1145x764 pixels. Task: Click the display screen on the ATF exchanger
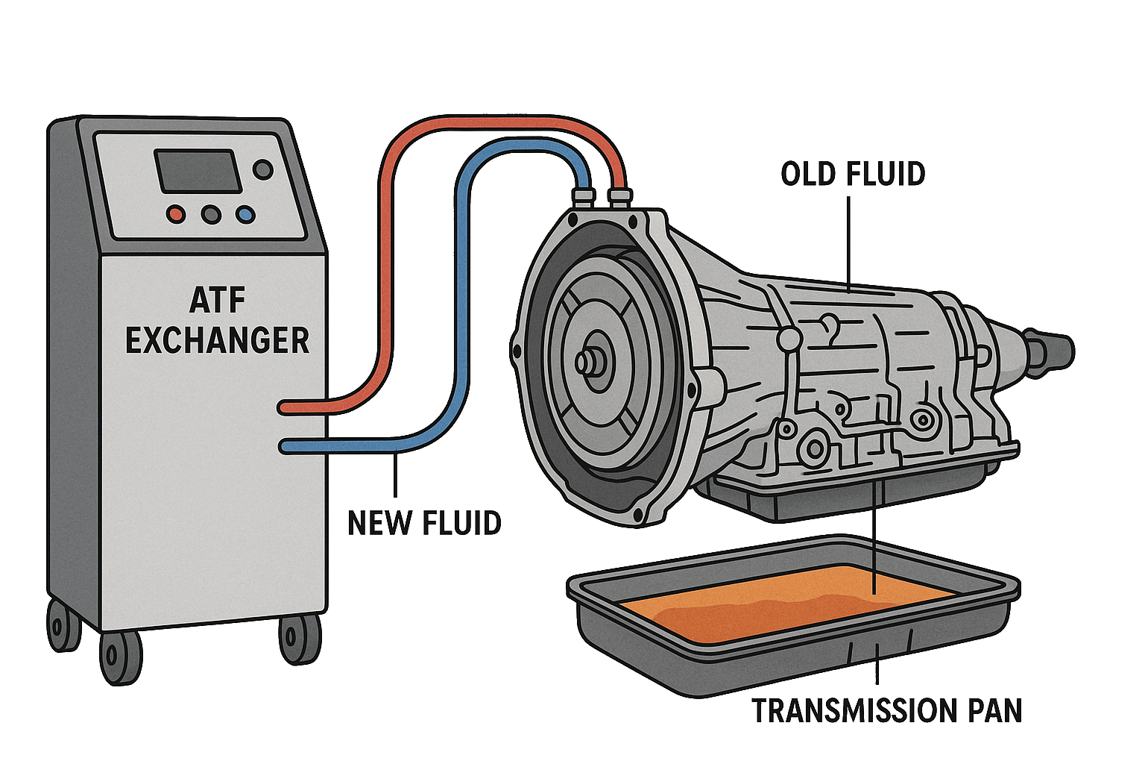tap(197, 171)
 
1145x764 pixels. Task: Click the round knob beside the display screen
tap(262, 169)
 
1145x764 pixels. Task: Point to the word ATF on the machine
tap(216, 300)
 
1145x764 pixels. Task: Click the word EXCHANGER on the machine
tap(216, 340)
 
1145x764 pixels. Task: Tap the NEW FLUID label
tap(424, 523)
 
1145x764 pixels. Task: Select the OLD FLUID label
tap(853, 175)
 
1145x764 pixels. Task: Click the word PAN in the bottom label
tap(994, 711)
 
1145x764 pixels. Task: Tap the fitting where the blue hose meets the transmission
tap(583, 197)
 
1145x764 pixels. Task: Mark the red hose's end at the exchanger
tap(284, 408)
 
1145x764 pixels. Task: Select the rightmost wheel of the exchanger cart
tap(299, 640)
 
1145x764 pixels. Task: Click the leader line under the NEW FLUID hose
tap(395, 477)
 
